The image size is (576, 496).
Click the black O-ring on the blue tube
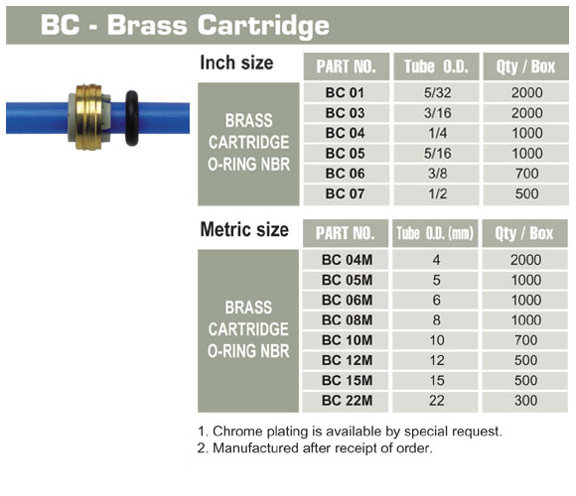click(x=132, y=118)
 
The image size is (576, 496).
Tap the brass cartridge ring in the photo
click(x=88, y=117)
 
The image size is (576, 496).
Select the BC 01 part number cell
click(x=345, y=92)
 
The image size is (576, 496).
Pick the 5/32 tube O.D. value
click(x=437, y=92)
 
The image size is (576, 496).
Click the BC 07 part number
click(x=345, y=193)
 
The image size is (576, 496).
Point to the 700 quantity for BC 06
click(x=526, y=174)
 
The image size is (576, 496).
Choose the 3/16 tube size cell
click(x=437, y=113)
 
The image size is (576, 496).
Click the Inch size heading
click(x=236, y=62)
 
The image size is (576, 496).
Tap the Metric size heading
click(x=244, y=230)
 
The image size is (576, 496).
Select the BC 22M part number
click(x=348, y=400)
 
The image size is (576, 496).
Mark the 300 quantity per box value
click(x=525, y=400)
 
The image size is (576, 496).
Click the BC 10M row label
click(x=348, y=340)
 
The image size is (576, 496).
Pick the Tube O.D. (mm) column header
click(x=435, y=233)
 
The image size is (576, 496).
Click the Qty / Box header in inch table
click(x=525, y=66)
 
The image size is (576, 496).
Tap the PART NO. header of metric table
click(x=346, y=233)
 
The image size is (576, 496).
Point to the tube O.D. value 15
click(x=437, y=380)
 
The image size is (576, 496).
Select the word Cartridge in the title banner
click(x=263, y=26)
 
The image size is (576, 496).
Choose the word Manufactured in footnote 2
click(x=255, y=448)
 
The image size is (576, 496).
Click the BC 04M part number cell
click(x=346, y=260)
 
